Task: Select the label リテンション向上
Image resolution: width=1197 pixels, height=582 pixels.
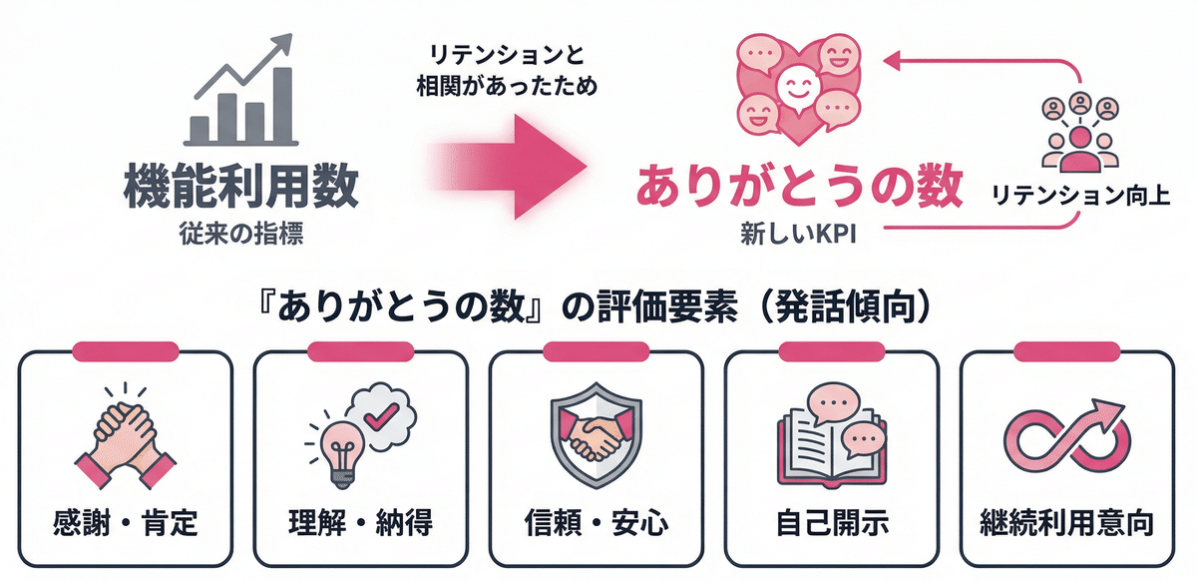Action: (x=1079, y=193)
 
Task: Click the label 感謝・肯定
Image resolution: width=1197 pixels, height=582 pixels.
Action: (x=125, y=521)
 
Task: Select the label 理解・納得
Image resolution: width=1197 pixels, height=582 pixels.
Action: (x=360, y=521)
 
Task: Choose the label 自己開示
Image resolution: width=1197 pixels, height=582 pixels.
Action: (x=831, y=521)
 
